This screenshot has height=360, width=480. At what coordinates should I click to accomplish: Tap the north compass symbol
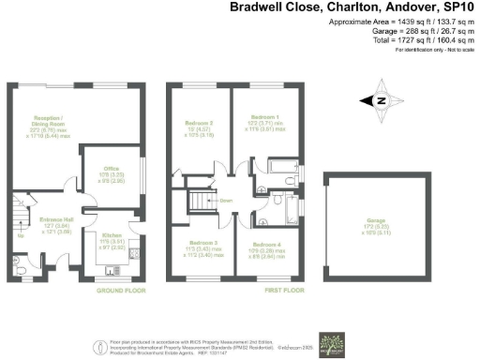[382, 101]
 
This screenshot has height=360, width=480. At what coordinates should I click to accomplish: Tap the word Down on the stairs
[226, 201]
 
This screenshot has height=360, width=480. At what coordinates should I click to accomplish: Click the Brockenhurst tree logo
[332, 341]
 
